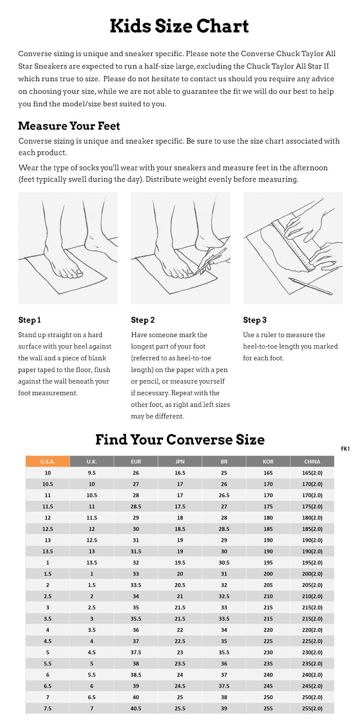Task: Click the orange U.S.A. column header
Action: click(x=47, y=461)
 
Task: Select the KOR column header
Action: click(x=268, y=461)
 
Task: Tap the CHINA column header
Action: click(x=312, y=461)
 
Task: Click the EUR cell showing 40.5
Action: click(x=136, y=709)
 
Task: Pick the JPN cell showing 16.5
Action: click(x=180, y=473)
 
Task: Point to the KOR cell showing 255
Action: click(x=268, y=709)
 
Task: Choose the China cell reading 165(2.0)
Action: click(x=312, y=473)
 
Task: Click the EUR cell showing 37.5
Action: click(x=136, y=652)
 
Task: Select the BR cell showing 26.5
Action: click(x=224, y=495)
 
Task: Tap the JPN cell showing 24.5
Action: click(x=180, y=686)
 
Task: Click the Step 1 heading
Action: click(x=29, y=320)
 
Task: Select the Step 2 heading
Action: click(x=143, y=320)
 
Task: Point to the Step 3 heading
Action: click(x=255, y=320)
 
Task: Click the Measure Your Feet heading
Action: click(x=69, y=126)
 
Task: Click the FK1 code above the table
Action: click(x=345, y=449)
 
